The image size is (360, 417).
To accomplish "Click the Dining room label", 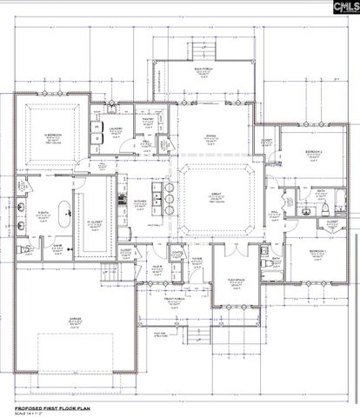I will [209, 136].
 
